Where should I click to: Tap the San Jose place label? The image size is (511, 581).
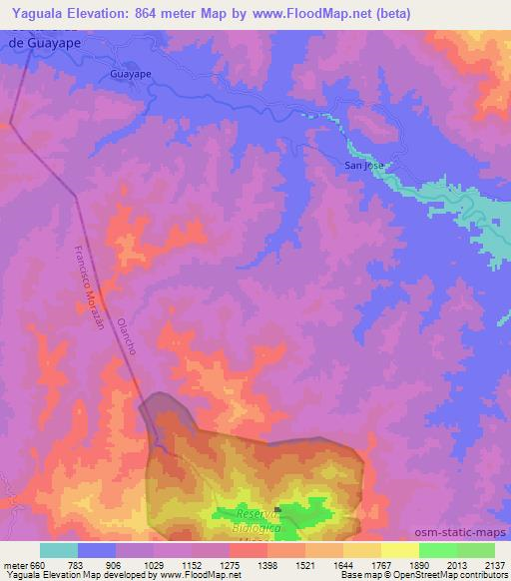pyautogui.click(x=363, y=165)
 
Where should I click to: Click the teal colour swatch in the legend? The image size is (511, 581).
pyautogui.click(x=59, y=550)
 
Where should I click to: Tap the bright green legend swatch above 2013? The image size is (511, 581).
pyautogui.click(x=437, y=550)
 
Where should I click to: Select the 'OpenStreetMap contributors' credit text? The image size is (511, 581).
pyautogui.click(x=453, y=575)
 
